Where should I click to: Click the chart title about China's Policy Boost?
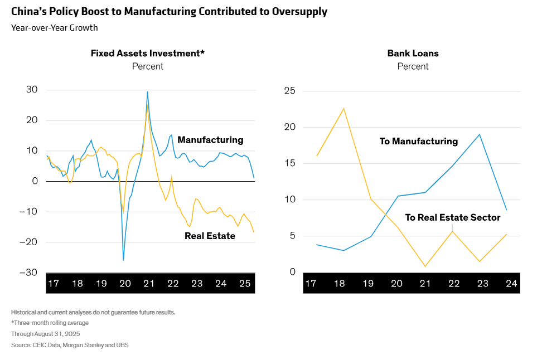[169, 11]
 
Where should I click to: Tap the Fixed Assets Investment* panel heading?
[148, 53]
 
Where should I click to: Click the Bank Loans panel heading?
[413, 53]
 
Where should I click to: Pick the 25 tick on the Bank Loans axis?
[290, 91]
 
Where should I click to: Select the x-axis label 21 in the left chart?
[149, 284]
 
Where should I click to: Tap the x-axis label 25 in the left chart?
[245, 284]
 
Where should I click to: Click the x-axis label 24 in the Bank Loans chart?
[511, 284]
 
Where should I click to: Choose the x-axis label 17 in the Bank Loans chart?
[311, 284]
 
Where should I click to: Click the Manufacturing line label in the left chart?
[210, 140]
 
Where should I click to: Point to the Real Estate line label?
[210, 236]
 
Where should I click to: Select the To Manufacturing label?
[418, 142]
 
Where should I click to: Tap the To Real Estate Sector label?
[452, 217]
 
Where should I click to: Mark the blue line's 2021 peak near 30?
[147, 92]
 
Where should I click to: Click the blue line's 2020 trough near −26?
[123, 260]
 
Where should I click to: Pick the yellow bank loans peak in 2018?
[343, 108]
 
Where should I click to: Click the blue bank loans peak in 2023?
[480, 134]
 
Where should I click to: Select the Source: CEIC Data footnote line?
[70, 346]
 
